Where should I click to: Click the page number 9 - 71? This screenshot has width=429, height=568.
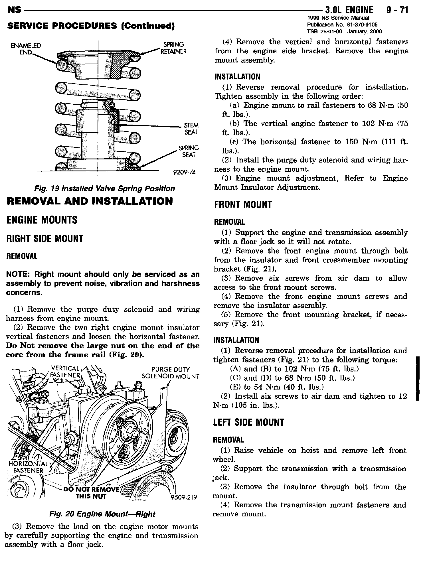[x=397, y=10]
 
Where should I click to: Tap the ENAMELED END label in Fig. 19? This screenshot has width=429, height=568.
[x=25, y=49]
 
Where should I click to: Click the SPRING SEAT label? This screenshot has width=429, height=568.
[x=189, y=151]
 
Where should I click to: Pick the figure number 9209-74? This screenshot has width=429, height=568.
[x=184, y=172]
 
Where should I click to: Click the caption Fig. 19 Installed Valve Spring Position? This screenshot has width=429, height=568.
[x=104, y=188]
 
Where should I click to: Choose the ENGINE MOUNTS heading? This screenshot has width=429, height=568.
[x=42, y=220]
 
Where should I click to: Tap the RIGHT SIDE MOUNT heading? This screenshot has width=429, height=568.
[x=44, y=239]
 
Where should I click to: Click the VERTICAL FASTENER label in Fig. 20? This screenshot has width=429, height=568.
[x=65, y=372]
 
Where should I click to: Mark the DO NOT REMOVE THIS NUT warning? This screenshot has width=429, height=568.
[x=91, y=493]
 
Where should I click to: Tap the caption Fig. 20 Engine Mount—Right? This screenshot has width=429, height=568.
[x=102, y=514]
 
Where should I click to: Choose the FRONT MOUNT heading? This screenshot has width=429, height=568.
[x=243, y=204]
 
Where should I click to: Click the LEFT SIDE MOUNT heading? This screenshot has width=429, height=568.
[x=249, y=422]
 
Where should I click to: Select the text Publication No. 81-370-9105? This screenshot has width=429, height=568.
[x=344, y=25]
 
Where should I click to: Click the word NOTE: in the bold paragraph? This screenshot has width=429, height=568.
[x=18, y=275]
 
